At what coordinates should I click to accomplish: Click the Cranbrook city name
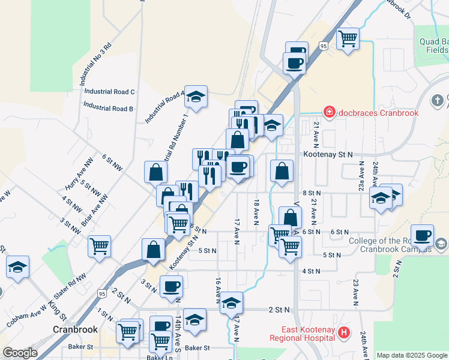point(74,329)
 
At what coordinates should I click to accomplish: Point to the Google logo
point(20,353)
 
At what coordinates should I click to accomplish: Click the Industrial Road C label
point(109,92)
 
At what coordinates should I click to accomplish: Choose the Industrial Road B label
point(108,109)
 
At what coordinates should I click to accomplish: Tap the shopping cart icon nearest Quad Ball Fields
point(348,39)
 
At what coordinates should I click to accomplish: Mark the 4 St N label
point(311,271)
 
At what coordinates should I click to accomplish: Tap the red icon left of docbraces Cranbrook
point(328,112)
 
